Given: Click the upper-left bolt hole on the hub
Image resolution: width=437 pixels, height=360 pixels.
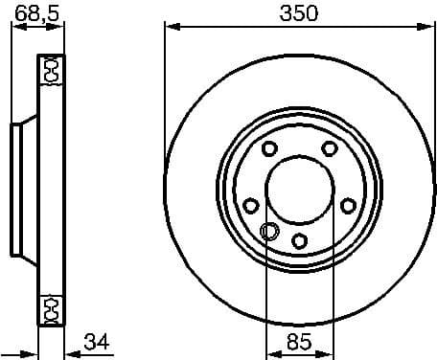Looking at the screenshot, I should pos(268,148).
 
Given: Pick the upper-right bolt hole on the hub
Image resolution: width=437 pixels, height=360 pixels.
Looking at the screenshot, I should pos(330,148).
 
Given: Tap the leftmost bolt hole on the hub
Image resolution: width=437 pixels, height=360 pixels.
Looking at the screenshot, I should pos(250,205).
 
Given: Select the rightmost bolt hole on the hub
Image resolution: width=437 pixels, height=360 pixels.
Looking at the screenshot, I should pos(348,205).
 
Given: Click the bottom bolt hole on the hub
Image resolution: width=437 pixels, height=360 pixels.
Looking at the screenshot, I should pos(299,239).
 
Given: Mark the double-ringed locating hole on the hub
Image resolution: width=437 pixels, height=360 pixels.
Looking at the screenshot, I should pos(269,230).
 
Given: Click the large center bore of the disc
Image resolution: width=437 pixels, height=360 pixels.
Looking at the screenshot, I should pos(299,188).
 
